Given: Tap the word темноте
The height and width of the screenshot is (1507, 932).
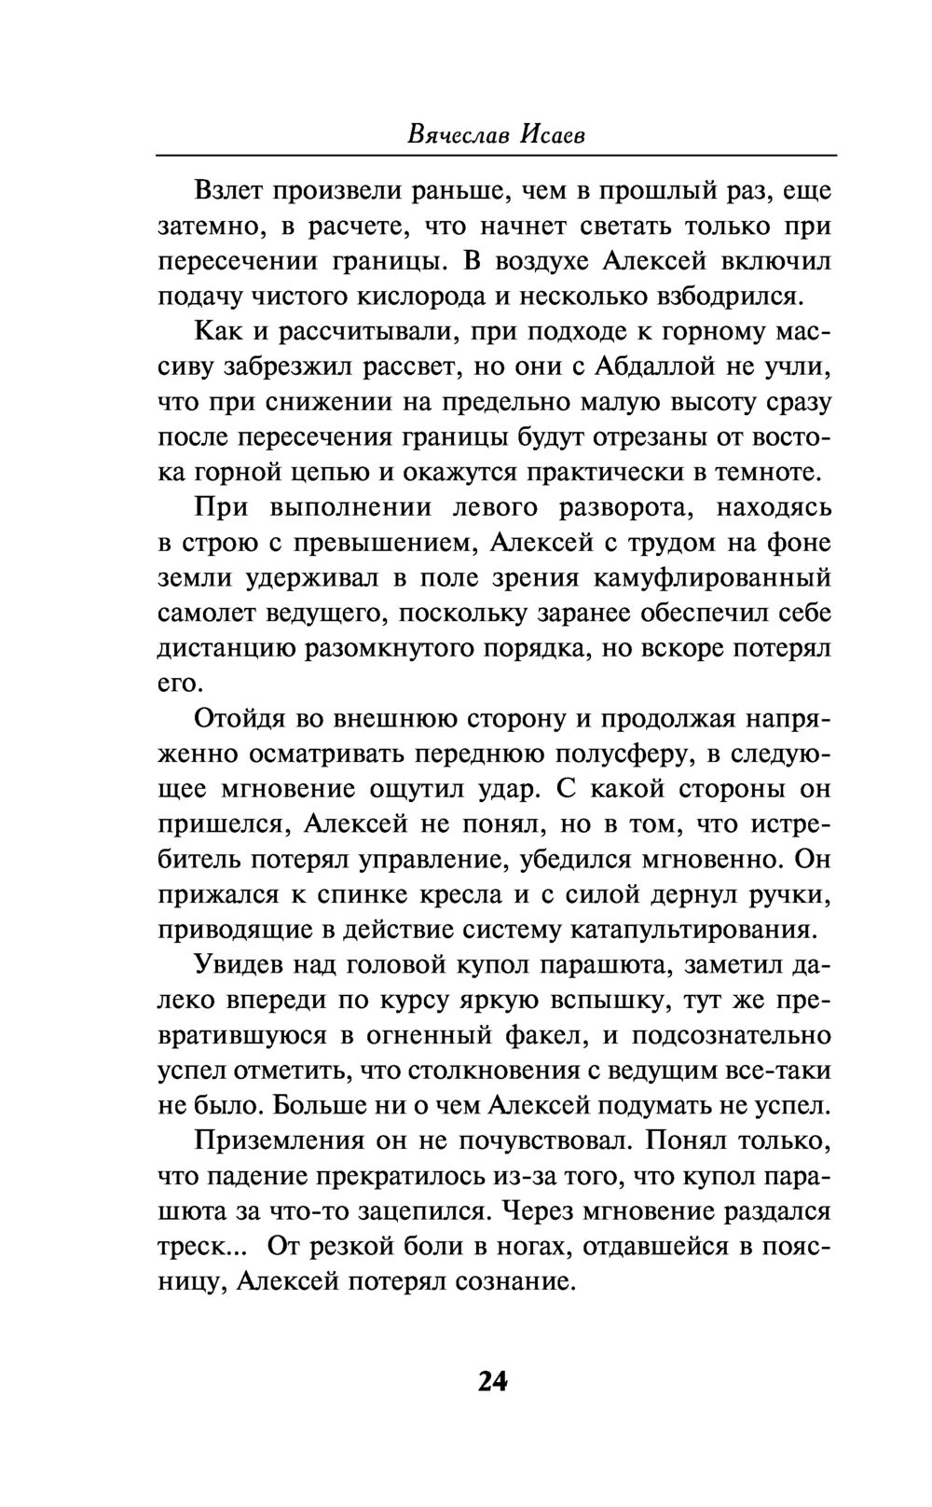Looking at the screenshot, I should point(768,472).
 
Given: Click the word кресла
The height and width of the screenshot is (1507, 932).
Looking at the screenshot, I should point(450,894).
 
